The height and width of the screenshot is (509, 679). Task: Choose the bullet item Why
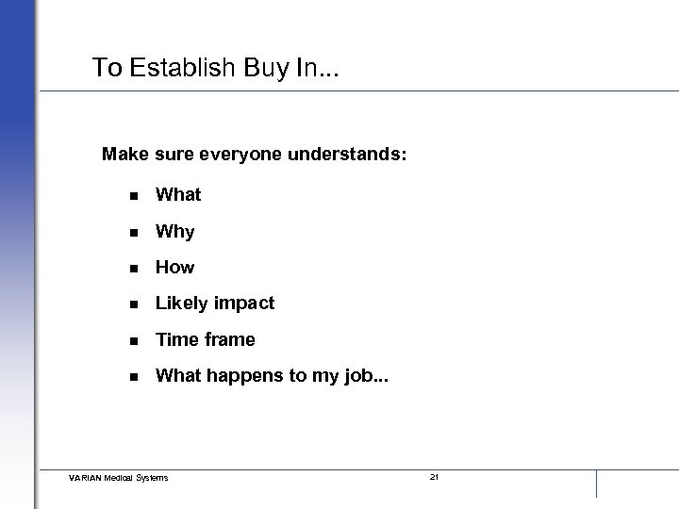[174, 232]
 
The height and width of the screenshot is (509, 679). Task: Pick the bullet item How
[174, 268]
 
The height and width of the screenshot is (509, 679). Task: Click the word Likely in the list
[182, 304]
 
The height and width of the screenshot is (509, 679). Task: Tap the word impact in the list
[244, 304]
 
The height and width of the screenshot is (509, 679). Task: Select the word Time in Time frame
[175, 339]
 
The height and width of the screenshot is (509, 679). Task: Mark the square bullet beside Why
[135, 232]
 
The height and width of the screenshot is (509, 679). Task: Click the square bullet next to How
[135, 268]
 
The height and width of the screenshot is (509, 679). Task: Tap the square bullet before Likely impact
[135, 304]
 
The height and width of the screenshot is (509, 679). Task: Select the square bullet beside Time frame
[135, 339]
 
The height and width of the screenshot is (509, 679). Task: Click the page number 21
[434, 478]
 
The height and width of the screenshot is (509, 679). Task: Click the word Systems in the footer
[152, 478]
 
